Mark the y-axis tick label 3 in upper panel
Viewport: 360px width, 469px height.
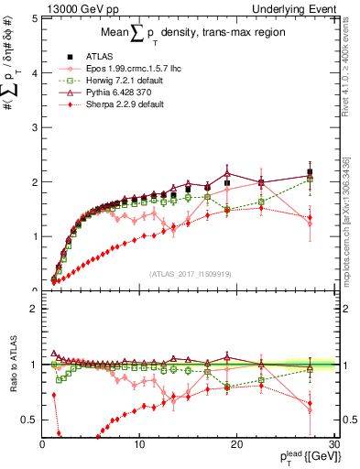pos(33,127)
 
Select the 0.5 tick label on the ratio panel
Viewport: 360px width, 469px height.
pos(27,420)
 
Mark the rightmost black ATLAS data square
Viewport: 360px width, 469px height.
pos(310,172)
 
